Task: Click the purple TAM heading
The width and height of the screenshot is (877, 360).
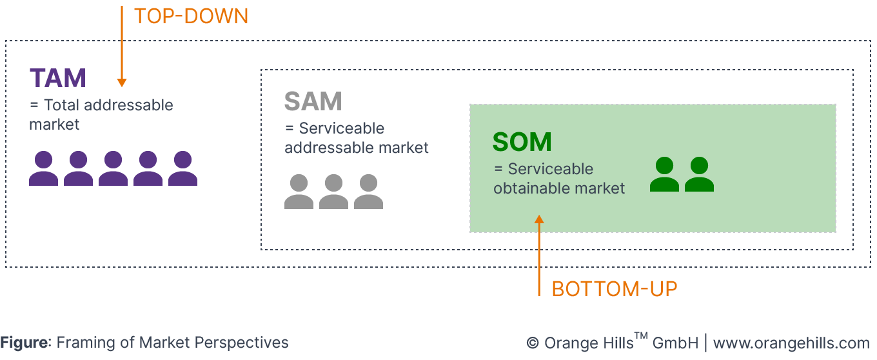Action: (x=57, y=78)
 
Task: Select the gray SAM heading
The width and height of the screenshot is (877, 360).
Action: (x=313, y=101)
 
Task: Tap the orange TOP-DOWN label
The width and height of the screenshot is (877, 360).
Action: (x=191, y=16)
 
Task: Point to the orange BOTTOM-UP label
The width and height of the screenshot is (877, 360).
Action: (x=614, y=289)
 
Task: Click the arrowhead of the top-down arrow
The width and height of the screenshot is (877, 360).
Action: (x=121, y=83)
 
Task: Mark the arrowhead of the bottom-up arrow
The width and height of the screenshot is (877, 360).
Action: (x=540, y=219)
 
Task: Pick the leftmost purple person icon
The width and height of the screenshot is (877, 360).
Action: (x=43, y=168)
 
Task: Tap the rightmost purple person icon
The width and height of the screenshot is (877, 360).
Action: (x=182, y=168)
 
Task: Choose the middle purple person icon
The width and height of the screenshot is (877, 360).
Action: (x=113, y=168)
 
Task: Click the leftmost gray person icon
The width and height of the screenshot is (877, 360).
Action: (x=299, y=192)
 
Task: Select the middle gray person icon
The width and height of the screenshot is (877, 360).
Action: (x=333, y=192)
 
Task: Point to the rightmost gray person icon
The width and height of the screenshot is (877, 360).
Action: (x=368, y=192)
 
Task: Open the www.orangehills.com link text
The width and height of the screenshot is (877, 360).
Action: (x=791, y=343)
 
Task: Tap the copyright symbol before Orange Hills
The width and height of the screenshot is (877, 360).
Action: (x=532, y=343)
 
